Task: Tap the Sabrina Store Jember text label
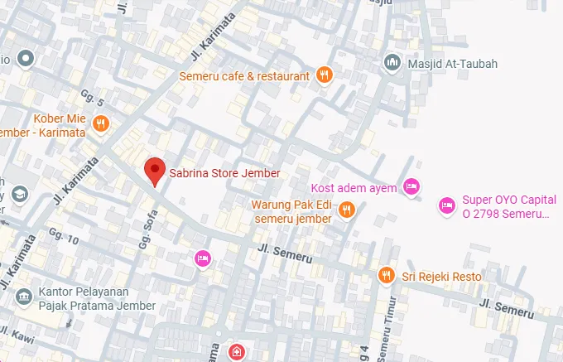tap(224, 174)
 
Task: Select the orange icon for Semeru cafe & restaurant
tap(325, 75)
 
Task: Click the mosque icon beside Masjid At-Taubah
tap(392, 62)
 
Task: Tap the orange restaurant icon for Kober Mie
tap(102, 124)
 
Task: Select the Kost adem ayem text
tap(354, 187)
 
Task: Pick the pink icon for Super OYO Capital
tap(446, 204)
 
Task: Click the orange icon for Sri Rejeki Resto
tap(386, 274)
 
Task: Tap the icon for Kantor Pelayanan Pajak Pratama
tap(26, 295)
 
